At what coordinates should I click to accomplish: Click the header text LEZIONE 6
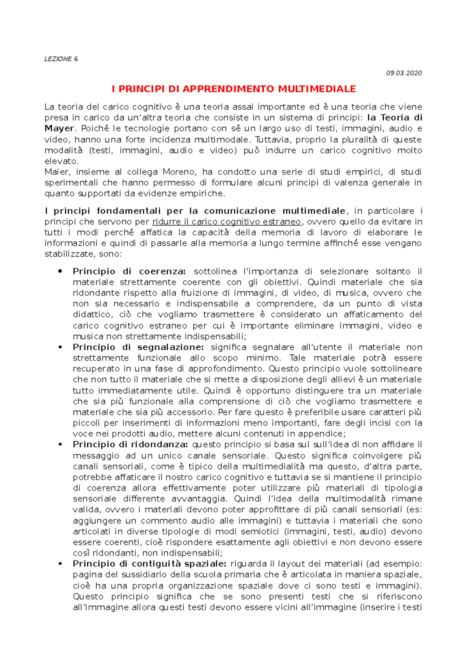pyautogui.click(x=61, y=59)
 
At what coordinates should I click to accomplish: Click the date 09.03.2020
pyautogui.click(x=404, y=73)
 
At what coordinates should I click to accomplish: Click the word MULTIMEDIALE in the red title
pyautogui.click(x=317, y=89)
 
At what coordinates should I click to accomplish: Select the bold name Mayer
pyautogui.click(x=59, y=128)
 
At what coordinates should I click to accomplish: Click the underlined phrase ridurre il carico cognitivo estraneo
pyautogui.click(x=226, y=222)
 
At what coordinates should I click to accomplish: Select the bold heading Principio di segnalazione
pyautogui.click(x=138, y=347)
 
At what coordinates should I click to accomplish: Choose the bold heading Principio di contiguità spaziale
pyautogui.click(x=149, y=564)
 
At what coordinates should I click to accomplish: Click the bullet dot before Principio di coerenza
pyautogui.click(x=60, y=271)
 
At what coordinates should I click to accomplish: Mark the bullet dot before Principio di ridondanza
pyautogui.click(x=60, y=445)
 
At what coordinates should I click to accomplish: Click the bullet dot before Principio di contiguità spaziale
pyautogui.click(x=60, y=564)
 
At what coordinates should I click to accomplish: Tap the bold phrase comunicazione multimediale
pyautogui.click(x=274, y=211)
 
